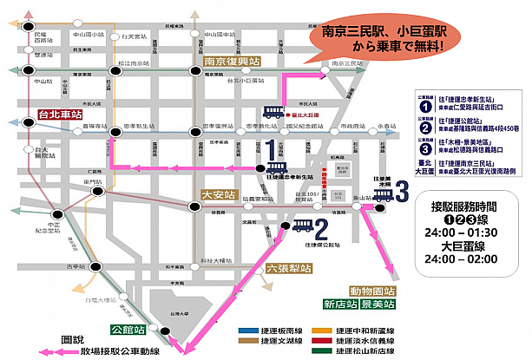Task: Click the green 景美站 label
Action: pos(378,305)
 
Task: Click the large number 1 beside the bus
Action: pos(273,148)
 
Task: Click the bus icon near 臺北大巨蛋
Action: pos(274,112)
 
